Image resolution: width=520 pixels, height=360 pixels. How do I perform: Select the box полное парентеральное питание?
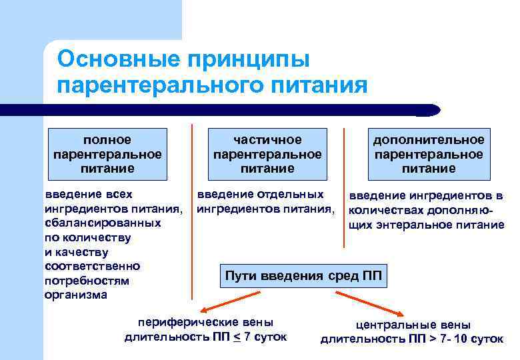pos(107,154)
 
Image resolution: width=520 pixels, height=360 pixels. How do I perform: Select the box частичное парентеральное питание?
pos(267,154)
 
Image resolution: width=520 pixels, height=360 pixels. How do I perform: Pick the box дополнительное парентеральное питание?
pos(429,154)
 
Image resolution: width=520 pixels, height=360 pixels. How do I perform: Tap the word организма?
pos(75,295)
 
